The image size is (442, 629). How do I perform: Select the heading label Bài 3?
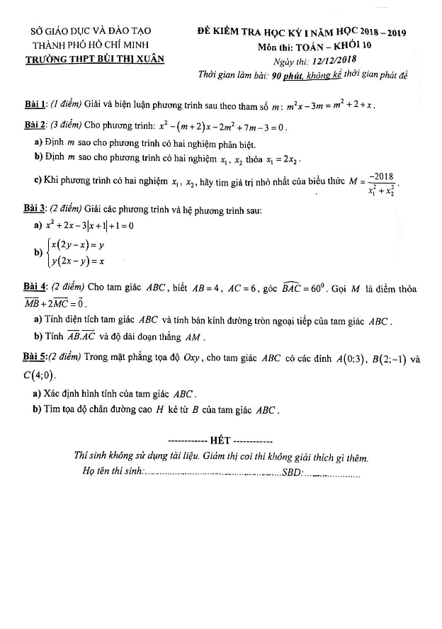[35, 210]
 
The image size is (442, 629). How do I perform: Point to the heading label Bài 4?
[35, 288]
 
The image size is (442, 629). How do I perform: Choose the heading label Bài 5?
[35, 358]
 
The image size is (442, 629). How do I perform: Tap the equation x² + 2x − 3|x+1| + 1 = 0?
[89, 226]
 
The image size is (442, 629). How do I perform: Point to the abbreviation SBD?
[291, 472]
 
